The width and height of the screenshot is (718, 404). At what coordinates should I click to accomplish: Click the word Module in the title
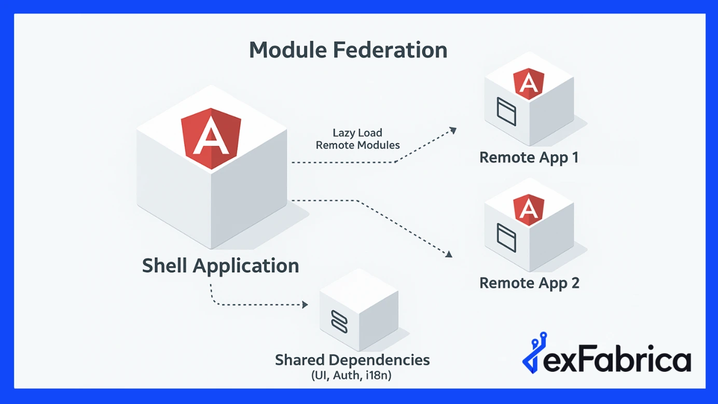pyautogui.click(x=287, y=50)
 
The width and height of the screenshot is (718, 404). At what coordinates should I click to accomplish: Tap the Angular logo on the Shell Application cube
pyautogui.click(x=211, y=138)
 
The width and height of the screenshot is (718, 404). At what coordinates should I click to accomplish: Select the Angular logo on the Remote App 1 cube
pyautogui.click(x=529, y=83)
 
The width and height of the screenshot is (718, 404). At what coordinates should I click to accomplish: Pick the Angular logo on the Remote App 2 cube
pyautogui.click(x=529, y=210)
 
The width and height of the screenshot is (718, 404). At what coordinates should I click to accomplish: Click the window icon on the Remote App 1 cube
pyautogui.click(x=506, y=112)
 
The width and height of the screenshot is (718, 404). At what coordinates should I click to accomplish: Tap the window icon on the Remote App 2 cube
pyautogui.click(x=506, y=238)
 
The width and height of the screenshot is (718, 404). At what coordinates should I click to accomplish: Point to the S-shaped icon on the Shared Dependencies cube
pyautogui.click(x=339, y=321)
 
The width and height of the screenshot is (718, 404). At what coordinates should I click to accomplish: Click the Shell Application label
pyautogui.click(x=220, y=266)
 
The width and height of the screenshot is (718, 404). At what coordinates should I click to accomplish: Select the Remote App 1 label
pyautogui.click(x=529, y=157)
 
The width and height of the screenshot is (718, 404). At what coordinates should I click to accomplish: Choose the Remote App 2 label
pyautogui.click(x=529, y=283)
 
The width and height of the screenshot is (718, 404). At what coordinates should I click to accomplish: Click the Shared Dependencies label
pyautogui.click(x=352, y=359)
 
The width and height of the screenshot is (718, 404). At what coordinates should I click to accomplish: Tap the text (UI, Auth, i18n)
pyautogui.click(x=351, y=374)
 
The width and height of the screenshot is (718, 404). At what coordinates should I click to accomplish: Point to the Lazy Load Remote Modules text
pyautogui.click(x=357, y=139)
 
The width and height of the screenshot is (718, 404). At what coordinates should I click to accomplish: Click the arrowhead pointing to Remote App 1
pyautogui.click(x=453, y=130)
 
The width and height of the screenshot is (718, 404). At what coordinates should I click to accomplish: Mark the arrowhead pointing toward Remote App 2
pyautogui.click(x=449, y=254)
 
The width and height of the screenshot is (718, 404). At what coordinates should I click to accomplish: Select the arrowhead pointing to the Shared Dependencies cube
pyautogui.click(x=305, y=304)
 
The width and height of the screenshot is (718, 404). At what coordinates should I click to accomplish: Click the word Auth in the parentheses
pyautogui.click(x=346, y=374)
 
